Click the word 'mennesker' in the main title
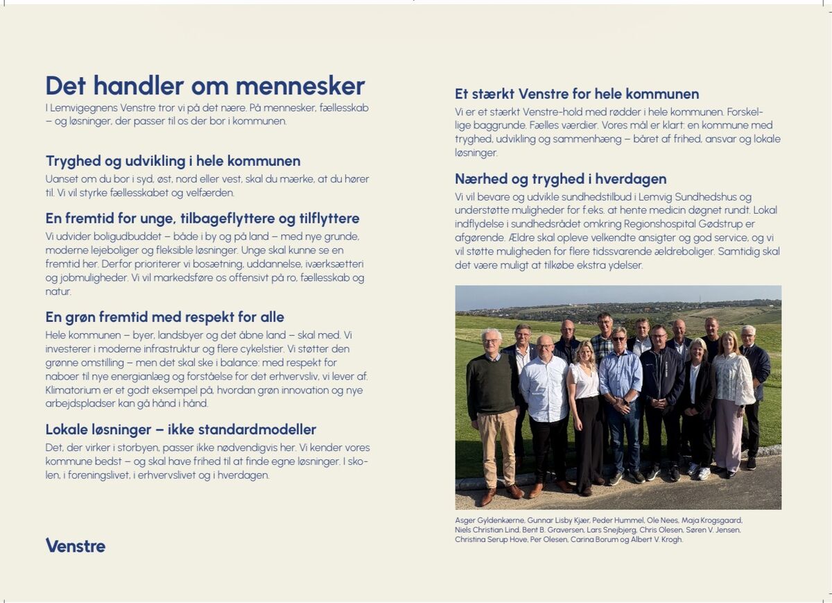[x=300, y=86]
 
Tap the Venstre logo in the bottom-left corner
[x=76, y=545]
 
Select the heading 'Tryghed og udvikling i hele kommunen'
[x=173, y=161]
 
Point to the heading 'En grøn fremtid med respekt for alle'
[x=165, y=317]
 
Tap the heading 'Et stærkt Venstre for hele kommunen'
[x=577, y=94]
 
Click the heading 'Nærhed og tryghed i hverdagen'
[x=560, y=179]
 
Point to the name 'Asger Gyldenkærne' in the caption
[x=489, y=520]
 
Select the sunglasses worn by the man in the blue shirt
[x=618, y=340]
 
